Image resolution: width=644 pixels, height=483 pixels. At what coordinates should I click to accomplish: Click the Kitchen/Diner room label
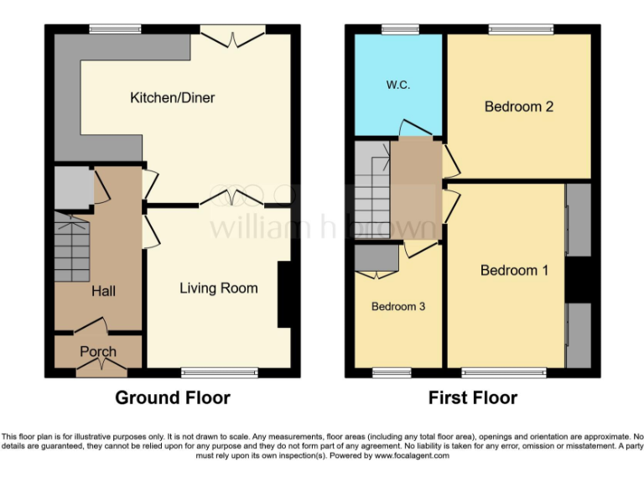(x=172, y=98)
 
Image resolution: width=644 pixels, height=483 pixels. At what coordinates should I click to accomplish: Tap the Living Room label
(x=219, y=288)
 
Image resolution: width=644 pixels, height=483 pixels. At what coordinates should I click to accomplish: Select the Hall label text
(x=104, y=292)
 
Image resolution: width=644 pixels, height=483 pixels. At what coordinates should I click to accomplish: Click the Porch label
(x=98, y=351)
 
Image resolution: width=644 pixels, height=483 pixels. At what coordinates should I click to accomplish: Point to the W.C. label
(x=398, y=86)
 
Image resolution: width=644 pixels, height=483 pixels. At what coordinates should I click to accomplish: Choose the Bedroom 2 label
(x=519, y=106)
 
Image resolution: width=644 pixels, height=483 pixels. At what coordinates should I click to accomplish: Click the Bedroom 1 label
(x=514, y=270)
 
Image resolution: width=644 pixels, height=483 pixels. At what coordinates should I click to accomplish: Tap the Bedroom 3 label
(x=398, y=306)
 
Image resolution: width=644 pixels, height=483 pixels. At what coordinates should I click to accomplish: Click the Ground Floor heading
(x=173, y=397)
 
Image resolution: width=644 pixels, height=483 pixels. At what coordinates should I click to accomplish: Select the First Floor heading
(x=473, y=397)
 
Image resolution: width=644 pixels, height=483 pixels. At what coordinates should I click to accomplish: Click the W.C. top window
(x=398, y=30)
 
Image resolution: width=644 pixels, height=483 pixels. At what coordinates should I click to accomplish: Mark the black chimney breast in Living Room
(x=285, y=294)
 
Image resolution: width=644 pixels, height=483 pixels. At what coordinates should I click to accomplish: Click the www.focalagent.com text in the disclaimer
(x=411, y=456)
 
